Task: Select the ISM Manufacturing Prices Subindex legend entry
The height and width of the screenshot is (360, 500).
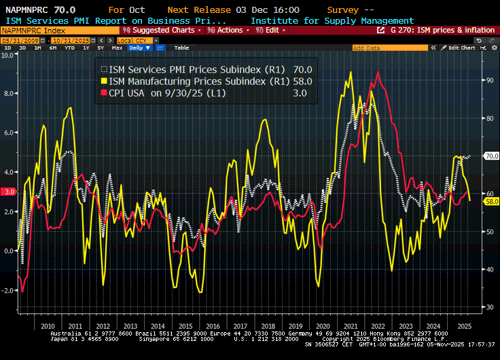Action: click(204, 80)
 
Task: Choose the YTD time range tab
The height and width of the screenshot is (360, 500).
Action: click(69, 48)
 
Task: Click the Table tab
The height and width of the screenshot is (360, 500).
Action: click(181, 48)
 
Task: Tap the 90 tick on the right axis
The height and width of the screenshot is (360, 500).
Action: click(488, 80)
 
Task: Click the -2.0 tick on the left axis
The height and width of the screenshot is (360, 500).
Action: click(8, 290)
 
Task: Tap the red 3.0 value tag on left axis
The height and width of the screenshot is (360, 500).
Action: click(9, 192)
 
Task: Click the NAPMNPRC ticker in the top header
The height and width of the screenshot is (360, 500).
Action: click(27, 10)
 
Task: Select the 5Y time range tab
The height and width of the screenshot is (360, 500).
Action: click(101, 48)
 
